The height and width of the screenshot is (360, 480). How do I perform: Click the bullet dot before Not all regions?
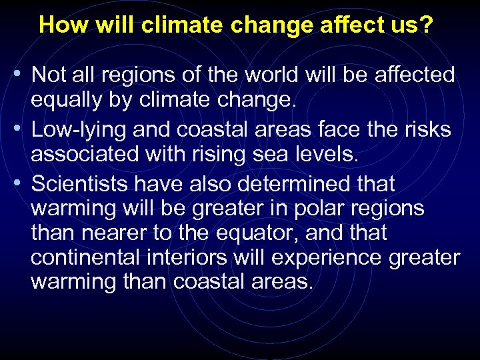(23, 75)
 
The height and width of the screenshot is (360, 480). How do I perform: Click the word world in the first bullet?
(267, 75)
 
